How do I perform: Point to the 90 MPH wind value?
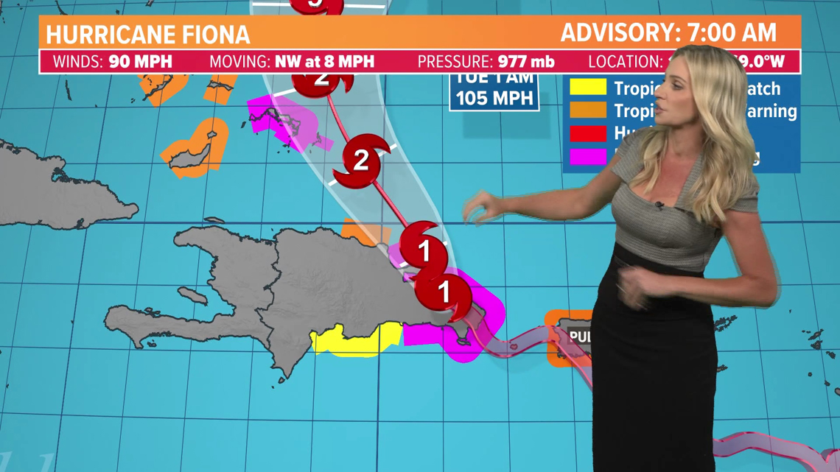140,62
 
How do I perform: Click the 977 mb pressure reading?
526,62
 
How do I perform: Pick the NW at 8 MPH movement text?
324,62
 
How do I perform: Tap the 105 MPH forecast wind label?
494,98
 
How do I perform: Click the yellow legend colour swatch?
587,88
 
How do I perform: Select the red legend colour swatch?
587,133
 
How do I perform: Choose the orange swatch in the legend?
587,111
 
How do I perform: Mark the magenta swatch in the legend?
587,156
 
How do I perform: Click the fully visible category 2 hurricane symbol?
361,160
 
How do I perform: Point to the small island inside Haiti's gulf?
192,296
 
